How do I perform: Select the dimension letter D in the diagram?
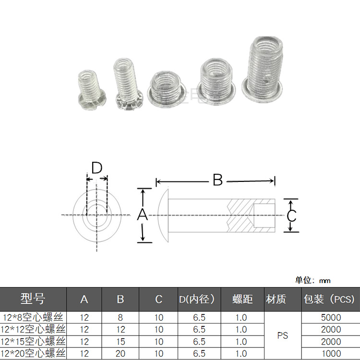97,168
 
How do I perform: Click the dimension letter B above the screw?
217,180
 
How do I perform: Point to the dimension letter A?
142,215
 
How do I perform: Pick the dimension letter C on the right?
291,216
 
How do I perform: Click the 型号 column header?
33,299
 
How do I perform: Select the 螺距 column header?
242,299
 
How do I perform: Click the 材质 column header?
276,299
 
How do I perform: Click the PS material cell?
283,336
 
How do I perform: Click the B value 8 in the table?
120,317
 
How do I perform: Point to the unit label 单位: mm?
312,280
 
